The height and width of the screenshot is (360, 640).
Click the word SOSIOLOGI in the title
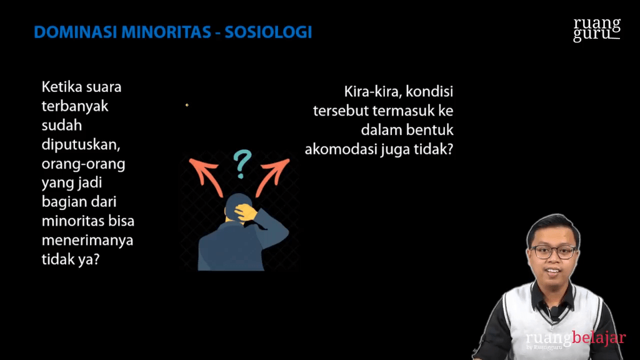coord(268,32)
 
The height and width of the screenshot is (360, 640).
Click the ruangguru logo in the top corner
coord(597,29)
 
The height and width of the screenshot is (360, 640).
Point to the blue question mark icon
coord(239,164)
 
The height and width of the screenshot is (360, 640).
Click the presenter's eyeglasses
coord(554,252)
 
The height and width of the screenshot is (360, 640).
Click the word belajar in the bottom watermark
coord(599,338)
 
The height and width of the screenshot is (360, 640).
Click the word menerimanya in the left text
coord(87,241)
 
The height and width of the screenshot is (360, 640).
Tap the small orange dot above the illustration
coord(187,105)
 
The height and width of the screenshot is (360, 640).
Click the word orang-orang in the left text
coord(83,164)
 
